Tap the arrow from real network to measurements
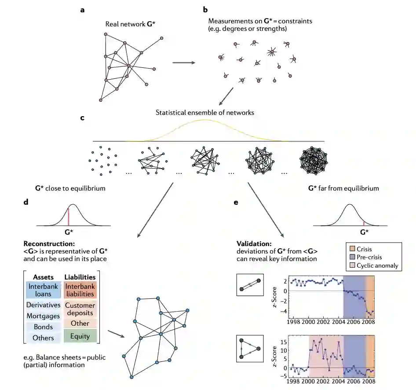[183, 63]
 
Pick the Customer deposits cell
[80, 309]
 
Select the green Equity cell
[80, 336]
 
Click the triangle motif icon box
[249, 348]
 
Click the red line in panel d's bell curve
[69, 217]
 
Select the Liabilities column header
[80, 277]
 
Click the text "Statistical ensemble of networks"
[204, 112]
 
